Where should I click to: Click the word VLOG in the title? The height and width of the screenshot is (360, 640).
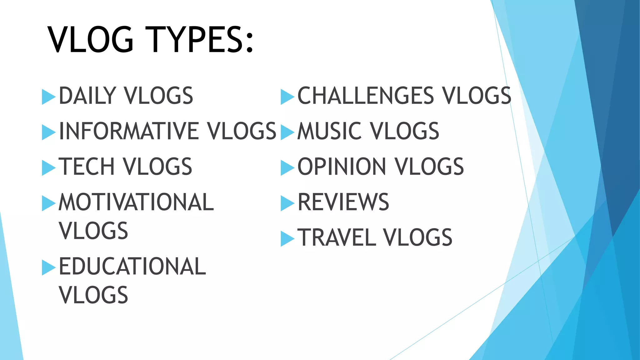(91, 40)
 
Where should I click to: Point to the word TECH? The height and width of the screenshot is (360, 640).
(87, 167)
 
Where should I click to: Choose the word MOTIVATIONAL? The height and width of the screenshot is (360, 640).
(136, 202)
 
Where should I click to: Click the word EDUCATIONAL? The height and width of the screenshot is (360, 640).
(132, 267)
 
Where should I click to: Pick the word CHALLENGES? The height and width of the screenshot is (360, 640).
(366, 96)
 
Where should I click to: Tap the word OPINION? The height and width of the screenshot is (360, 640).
(342, 167)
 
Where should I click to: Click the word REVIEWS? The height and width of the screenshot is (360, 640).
(343, 202)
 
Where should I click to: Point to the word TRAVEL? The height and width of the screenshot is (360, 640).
(337, 237)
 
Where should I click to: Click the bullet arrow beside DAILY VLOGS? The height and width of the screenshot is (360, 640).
(48, 97)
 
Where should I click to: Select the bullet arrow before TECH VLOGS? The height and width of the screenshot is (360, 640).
(48, 168)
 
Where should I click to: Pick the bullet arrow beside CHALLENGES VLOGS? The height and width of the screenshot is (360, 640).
(287, 97)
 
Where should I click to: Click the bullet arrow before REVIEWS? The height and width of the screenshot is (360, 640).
(287, 203)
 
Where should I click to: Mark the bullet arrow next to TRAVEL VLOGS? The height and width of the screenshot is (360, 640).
(287, 239)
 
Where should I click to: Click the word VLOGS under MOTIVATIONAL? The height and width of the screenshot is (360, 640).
(93, 231)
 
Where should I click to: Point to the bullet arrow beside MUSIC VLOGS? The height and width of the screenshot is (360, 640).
(287, 132)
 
